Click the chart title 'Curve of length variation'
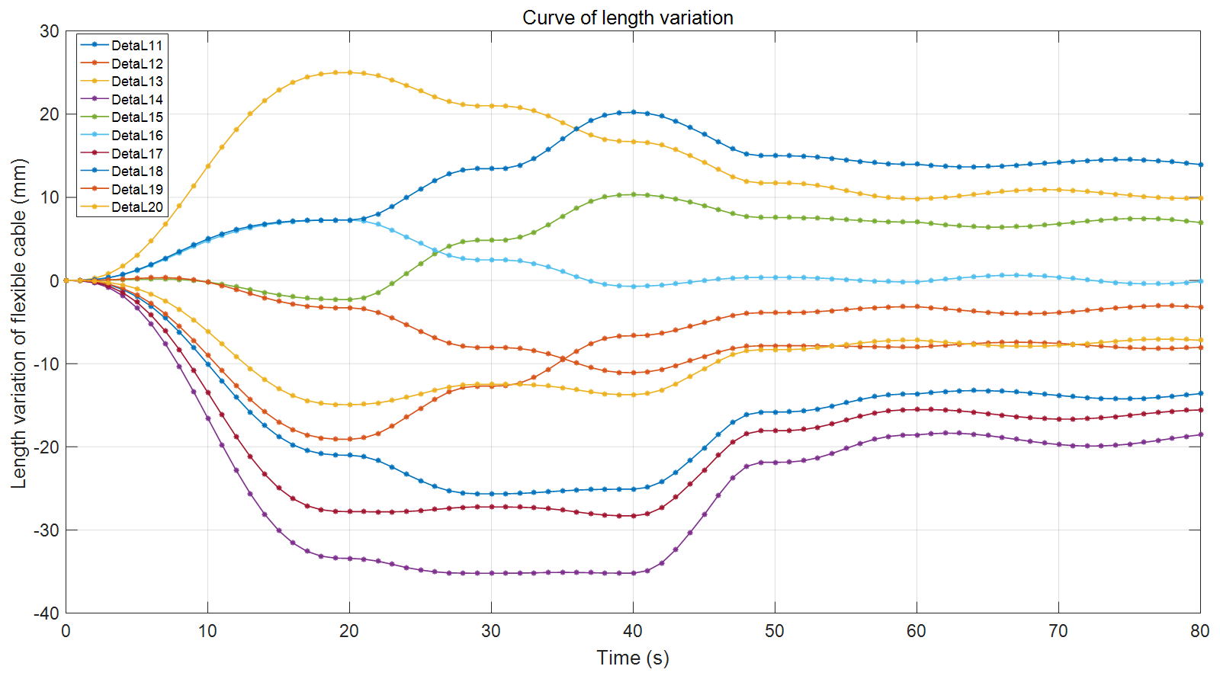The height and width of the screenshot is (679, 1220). coord(628,18)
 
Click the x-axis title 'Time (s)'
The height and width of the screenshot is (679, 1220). coord(632,658)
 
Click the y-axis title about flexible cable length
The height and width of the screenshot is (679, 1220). coord(19,323)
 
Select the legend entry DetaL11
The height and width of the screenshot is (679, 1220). coord(136,46)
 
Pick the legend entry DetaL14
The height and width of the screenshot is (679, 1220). coord(136,100)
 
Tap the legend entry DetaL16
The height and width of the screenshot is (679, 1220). coord(136,136)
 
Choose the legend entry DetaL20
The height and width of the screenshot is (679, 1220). coord(136,207)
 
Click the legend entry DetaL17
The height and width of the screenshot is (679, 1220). coord(136,154)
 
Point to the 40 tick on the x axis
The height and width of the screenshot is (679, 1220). coord(633,631)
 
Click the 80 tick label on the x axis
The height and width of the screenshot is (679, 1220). coord(1199,631)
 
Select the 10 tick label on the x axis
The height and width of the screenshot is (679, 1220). coord(207,631)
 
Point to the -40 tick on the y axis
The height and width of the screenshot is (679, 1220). coord(47,613)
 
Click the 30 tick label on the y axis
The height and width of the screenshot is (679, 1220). coord(50,31)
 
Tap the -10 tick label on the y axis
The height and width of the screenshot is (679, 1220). coord(47,364)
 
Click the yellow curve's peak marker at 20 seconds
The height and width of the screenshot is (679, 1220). coord(349,72)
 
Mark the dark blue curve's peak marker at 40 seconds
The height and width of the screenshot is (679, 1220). coord(633,112)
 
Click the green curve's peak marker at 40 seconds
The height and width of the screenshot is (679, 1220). coord(633,194)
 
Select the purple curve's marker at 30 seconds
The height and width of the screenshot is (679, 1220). coord(491,573)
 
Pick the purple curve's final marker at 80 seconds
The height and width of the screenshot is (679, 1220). coord(1200,434)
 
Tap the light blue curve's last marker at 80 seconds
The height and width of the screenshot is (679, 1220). coord(1200,281)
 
